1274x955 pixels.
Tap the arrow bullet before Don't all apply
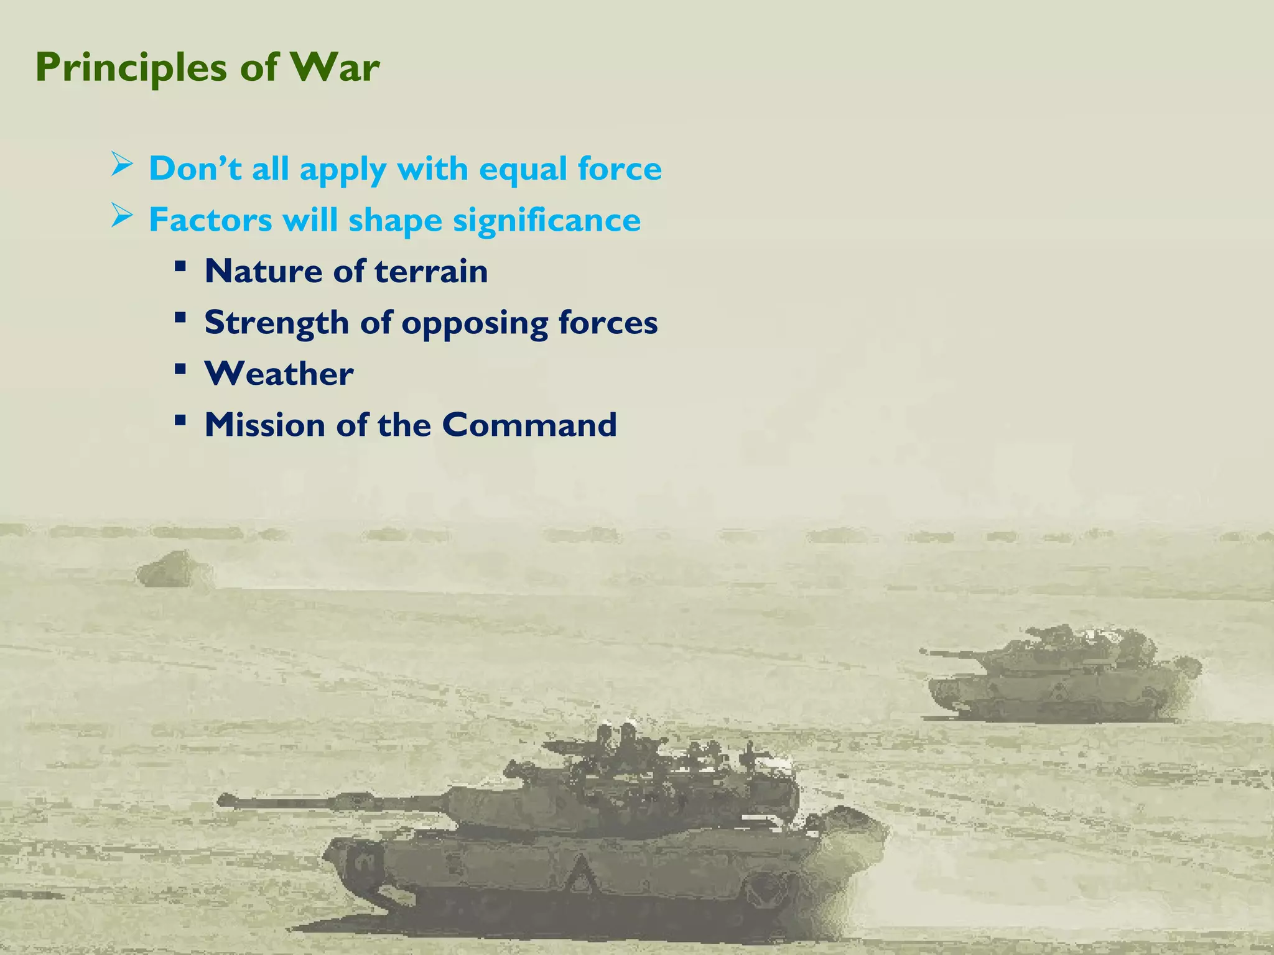pos(122,165)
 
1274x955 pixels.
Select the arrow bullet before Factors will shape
pos(122,216)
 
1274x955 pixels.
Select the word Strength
pos(276,323)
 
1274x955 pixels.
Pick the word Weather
pos(279,374)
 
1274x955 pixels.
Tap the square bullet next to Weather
pos(180,369)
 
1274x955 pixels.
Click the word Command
pos(529,425)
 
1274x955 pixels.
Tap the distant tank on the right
pos(1058,678)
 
